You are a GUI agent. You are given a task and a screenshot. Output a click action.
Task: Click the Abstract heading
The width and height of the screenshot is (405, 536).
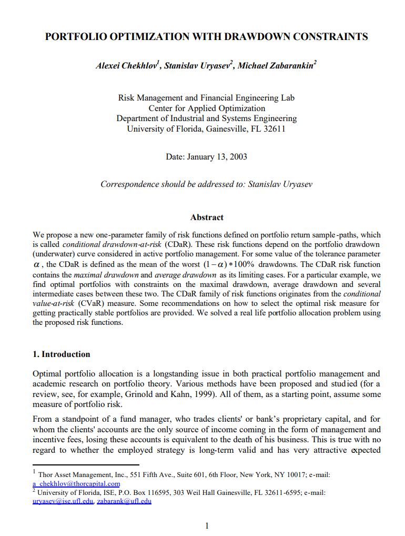coord(207,217)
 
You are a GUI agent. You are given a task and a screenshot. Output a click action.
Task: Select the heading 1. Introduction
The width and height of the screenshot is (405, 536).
coord(62,354)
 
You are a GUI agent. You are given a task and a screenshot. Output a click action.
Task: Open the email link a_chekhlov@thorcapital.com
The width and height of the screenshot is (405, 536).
coord(76,483)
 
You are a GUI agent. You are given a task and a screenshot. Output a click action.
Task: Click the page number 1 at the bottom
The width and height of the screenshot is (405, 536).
coord(207,525)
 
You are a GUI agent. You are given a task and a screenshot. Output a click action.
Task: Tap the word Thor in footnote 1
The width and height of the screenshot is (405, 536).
coord(46,475)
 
